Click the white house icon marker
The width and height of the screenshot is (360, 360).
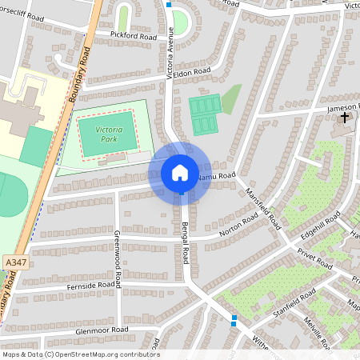click(x=180, y=172)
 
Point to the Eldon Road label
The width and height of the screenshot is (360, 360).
click(x=194, y=71)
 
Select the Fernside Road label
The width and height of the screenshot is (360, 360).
click(x=94, y=285)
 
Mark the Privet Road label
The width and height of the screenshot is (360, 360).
click(x=314, y=257)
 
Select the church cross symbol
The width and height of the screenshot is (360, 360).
click(x=346, y=118)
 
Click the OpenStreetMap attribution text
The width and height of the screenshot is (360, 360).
click(x=81, y=354)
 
